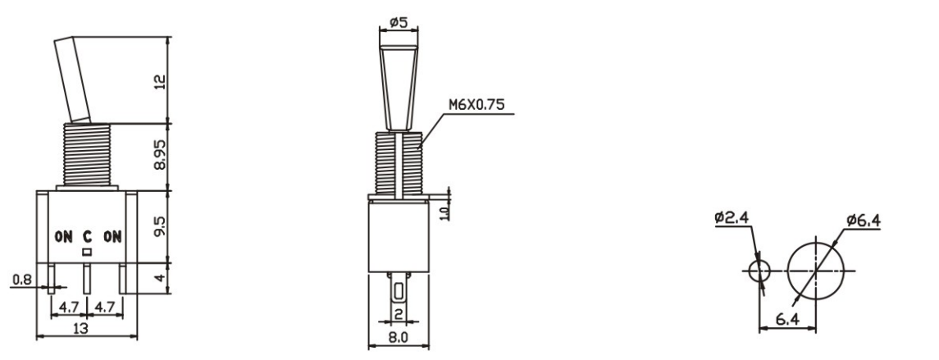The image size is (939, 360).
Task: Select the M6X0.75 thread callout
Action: [x=477, y=105]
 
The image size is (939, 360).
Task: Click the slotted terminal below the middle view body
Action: [x=398, y=291]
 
